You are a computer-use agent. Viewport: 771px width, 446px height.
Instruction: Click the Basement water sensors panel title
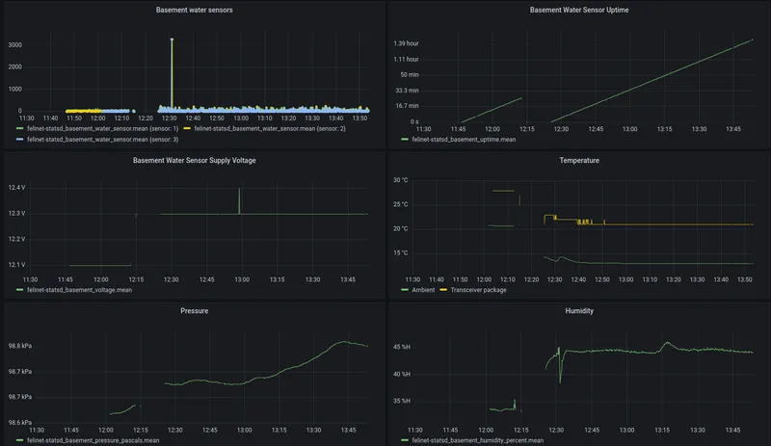point(195,10)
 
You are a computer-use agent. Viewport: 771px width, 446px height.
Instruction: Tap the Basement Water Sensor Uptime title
point(579,10)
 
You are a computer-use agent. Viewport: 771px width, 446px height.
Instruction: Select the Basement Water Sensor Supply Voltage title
point(195,160)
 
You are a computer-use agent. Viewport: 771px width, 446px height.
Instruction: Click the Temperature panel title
point(579,160)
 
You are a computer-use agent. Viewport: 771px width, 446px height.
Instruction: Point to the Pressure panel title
point(195,311)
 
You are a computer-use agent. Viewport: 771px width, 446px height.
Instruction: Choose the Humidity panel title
point(579,311)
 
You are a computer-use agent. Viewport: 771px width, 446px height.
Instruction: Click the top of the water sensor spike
point(172,39)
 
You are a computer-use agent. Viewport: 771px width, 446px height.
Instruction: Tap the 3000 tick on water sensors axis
point(15,44)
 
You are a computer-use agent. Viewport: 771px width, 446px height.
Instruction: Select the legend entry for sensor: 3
point(97,139)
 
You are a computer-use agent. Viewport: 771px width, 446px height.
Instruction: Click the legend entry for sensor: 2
point(264,128)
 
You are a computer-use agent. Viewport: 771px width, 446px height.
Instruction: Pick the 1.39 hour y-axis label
point(406,43)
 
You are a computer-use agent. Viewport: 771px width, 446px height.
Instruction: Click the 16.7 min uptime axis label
point(407,106)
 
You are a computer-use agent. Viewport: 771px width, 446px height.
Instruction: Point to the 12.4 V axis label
point(16,187)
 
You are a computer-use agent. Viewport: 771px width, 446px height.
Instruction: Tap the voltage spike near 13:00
point(239,200)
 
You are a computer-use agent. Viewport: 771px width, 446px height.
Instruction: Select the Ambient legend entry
point(418,290)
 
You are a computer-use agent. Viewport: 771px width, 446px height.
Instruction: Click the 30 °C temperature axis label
point(400,180)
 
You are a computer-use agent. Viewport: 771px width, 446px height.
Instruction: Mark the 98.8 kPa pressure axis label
point(20,346)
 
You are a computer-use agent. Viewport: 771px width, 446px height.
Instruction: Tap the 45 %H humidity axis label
point(402,347)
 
